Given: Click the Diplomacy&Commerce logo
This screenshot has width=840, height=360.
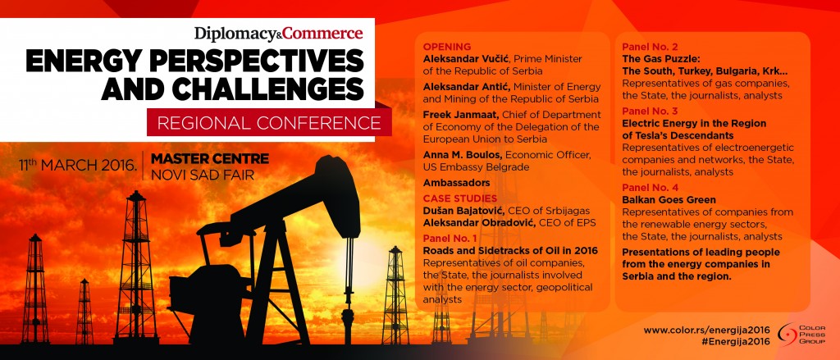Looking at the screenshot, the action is (x=279, y=34).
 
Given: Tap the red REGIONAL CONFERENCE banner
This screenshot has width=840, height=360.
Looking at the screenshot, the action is (x=269, y=123).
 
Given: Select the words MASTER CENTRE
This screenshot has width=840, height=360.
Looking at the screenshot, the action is (x=210, y=158).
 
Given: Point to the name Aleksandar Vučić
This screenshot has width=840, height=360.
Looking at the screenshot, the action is (x=461, y=58).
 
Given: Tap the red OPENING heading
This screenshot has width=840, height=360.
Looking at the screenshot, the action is (x=447, y=46).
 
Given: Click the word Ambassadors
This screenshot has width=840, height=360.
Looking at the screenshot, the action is (x=456, y=183).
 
